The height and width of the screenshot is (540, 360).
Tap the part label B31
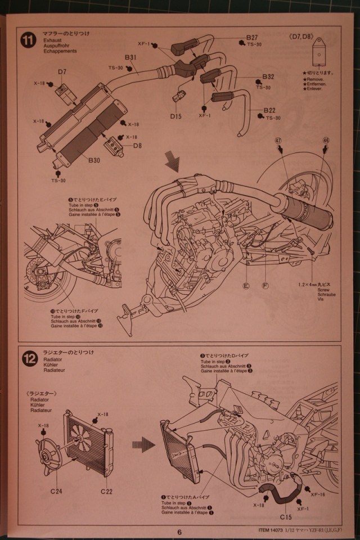pos(130,57)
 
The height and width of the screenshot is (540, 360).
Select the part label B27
pos(251,38)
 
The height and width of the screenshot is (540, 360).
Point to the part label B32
pos(268,76)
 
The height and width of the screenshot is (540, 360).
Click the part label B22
pos(268,110)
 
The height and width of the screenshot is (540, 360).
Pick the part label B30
pos(94,160)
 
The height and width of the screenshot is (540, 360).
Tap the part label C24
pos(57,491)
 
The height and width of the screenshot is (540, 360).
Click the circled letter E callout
pos(246,286)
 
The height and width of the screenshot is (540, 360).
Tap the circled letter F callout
pos(265,286)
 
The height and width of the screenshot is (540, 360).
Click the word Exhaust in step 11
pos(52,40)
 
